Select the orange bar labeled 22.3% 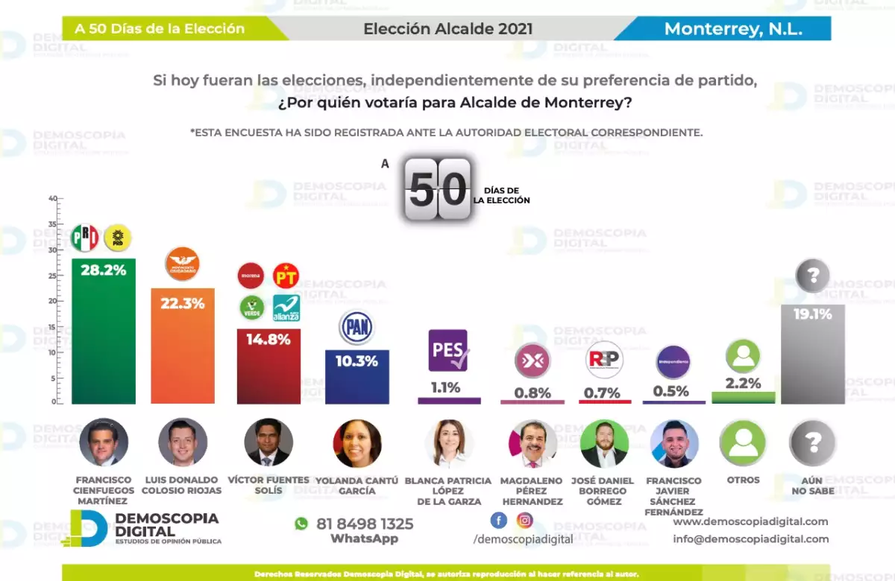[183, 346]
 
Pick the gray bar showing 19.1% [812, 355]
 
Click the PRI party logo [85, 238]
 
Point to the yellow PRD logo [118, 238]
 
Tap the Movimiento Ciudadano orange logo [182, 264]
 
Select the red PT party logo [286, 276]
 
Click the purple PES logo [447, 350]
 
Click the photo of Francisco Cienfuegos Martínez [104, 442]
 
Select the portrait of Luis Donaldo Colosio [183, 442]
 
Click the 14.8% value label [268, 340]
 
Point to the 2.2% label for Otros [743, 384]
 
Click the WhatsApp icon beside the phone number [301, 524]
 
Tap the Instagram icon [525, 521]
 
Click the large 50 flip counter [438, 189]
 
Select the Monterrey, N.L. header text [733, 29]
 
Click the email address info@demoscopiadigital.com [750, 539]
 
